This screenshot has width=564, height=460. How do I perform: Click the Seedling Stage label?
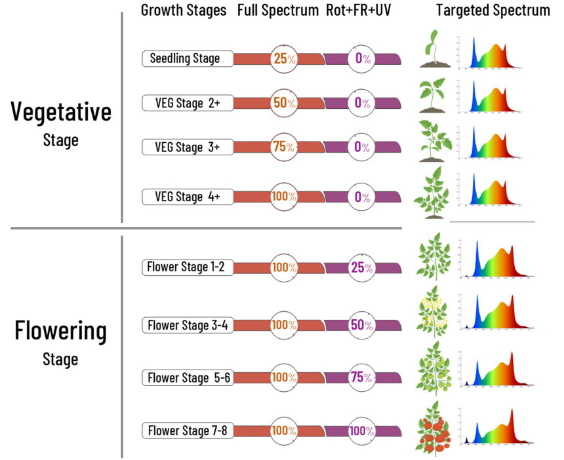click(x=187, y=58)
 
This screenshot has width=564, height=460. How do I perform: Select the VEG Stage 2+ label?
click(x=187, y=103)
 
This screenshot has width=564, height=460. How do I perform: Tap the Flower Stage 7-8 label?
click(x=187, y=431)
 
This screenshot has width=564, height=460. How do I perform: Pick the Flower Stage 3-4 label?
click(x=187, y=324)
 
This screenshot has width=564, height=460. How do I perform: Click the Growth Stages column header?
click(x=184, y=11)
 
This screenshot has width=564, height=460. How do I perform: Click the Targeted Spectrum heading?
click(x=493, y=11)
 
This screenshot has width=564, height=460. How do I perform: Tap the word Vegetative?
click(x=61, y=112)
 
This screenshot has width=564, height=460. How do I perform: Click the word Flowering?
click(x=60, y=331)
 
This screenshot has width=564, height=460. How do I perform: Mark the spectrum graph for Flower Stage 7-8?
click(x=496, y=428)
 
